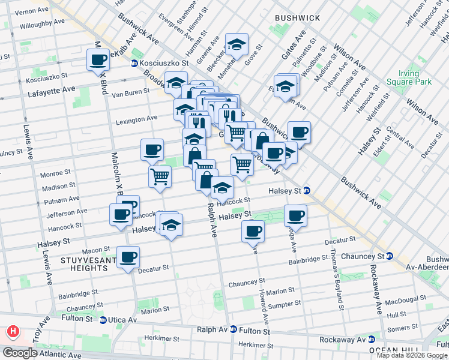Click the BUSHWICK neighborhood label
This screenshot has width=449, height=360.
297,18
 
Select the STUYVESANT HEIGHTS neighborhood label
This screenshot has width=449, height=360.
84,264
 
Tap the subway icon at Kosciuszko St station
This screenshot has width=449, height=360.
134,62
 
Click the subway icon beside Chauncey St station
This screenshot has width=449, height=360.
389,256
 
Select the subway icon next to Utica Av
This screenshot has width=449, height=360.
103,320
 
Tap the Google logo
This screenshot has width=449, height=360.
20,353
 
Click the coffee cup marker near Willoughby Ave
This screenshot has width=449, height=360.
98,59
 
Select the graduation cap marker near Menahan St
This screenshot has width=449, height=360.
237,44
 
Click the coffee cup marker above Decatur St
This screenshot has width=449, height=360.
128,257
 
